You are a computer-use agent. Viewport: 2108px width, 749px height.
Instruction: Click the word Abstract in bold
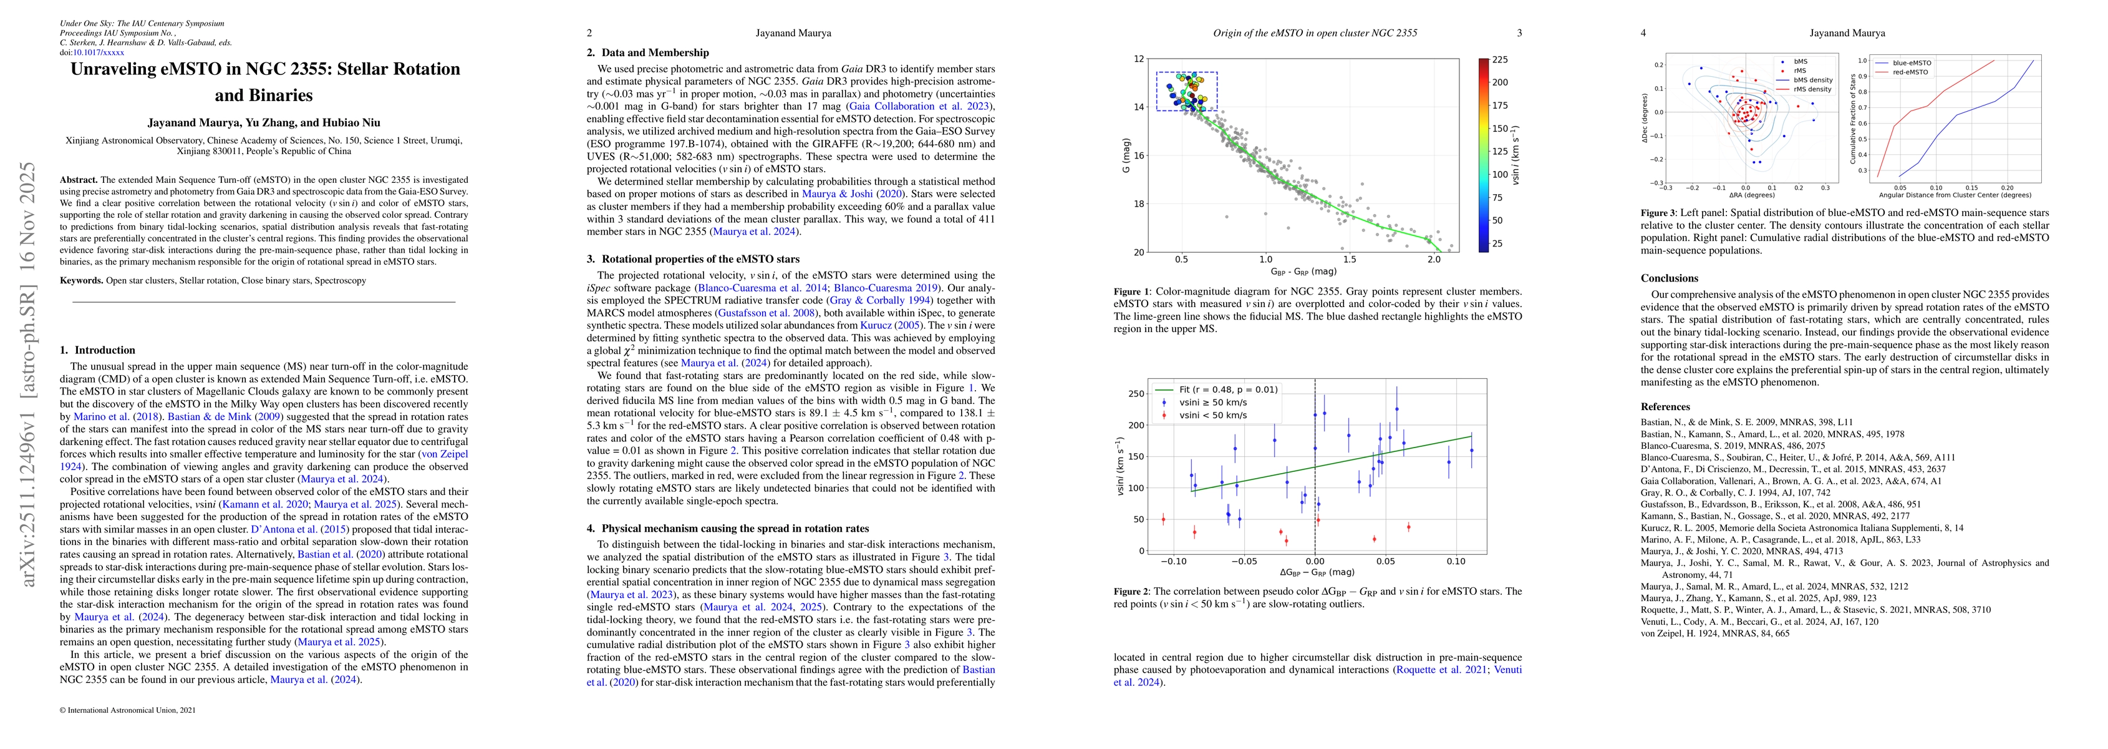[x=79, y=179]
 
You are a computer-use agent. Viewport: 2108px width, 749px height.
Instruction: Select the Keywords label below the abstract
[x=82, y=281]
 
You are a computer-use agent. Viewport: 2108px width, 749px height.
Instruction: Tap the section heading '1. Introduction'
[x=97, y=350]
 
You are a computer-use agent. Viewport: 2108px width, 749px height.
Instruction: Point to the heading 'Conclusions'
[x=1670, y=278]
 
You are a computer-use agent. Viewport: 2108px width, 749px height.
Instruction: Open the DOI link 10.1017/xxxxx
[x=99, y=52]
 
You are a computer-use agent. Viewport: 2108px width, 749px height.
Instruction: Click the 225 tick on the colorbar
[x=1499, y=60]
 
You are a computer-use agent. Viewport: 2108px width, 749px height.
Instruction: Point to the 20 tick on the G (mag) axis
[x=1138, y=252]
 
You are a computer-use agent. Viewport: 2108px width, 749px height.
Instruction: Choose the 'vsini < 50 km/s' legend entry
[x=1213, y=415]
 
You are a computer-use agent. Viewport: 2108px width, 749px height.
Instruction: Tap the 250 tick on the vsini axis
[x=1136, y=394]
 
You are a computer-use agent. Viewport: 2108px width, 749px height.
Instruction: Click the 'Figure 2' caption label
[x=1133, y=591]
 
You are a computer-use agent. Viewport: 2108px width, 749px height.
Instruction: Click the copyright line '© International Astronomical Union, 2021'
[x=128, y=710]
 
